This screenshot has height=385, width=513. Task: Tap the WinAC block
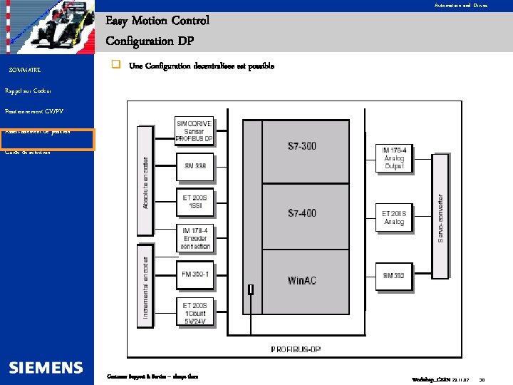click(301, 281)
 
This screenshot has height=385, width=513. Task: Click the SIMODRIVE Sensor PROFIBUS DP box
click(194, 131)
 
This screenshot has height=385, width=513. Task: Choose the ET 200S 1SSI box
click(194, 202)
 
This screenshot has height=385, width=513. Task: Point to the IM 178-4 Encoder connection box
click(194, 239)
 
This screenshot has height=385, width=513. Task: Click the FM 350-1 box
click(194, 274)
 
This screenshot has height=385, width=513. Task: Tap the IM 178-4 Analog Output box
click(394, 158)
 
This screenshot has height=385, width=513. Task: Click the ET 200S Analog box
click(394, 217)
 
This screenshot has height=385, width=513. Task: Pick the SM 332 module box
click(394, 275)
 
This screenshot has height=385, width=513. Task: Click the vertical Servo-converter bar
click(440, 216)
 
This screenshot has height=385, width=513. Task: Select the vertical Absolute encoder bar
click(146, 181)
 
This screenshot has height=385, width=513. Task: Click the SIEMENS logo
click(46, 368)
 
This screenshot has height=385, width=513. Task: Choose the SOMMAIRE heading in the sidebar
click(24, 70)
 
